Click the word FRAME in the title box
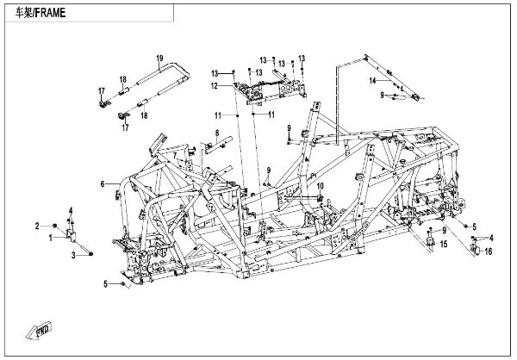[x=48, y=15]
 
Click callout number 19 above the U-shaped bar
[x=159, y=58]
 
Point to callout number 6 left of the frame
[x=103, y=183]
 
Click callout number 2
[x=37, y=226]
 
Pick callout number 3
[x=74, y=256]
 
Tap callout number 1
[x=51, y=235]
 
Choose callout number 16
[x=488, y=251]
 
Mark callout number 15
[x=444, y=245]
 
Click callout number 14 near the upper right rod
[x=372, y=80]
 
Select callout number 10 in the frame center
[x=319, y=186]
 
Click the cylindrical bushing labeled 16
[x=474, y=251]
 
